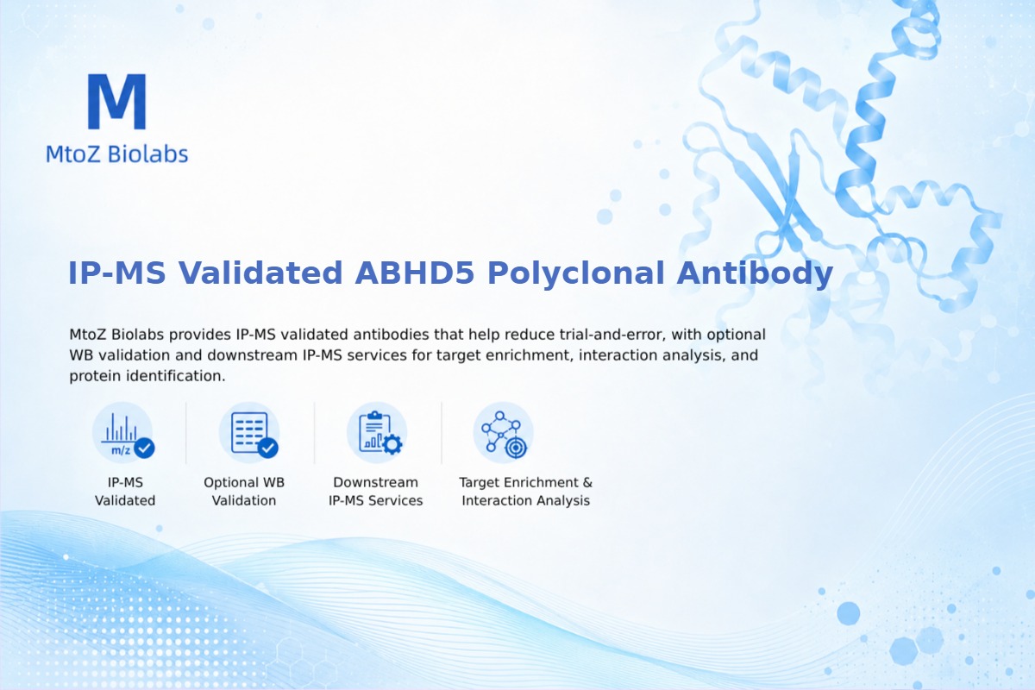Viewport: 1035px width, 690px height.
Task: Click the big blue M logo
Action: click(117, 101)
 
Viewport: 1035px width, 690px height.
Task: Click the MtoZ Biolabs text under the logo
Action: click(117, 154)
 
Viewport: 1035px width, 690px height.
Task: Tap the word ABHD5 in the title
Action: click(415, 273)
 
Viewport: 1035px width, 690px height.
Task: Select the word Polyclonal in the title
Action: click(576, 273)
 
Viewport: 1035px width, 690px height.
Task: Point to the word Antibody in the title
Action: click(755, 273)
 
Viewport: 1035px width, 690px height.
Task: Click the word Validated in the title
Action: click(260, 273)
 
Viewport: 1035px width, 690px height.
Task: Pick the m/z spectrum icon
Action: click(122, 433)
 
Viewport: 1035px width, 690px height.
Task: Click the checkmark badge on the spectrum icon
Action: click(144, 448)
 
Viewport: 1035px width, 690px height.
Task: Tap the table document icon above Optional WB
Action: click(249, 433)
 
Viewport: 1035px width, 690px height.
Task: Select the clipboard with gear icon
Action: click(377, 433)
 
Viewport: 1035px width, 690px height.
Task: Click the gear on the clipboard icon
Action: click(392, 444)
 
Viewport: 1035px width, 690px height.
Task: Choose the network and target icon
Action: click(504, 433)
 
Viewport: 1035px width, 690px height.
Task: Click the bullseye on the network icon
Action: click(516, 448)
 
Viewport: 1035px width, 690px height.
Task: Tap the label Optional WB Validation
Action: click(244, 492)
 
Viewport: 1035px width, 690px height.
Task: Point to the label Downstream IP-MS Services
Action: click(376, 492)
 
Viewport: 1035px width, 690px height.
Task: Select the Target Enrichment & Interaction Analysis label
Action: click(526, 492)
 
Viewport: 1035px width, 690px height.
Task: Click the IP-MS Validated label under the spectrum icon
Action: click(125, 492)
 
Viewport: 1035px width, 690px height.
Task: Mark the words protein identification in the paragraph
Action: click(147, 376)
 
